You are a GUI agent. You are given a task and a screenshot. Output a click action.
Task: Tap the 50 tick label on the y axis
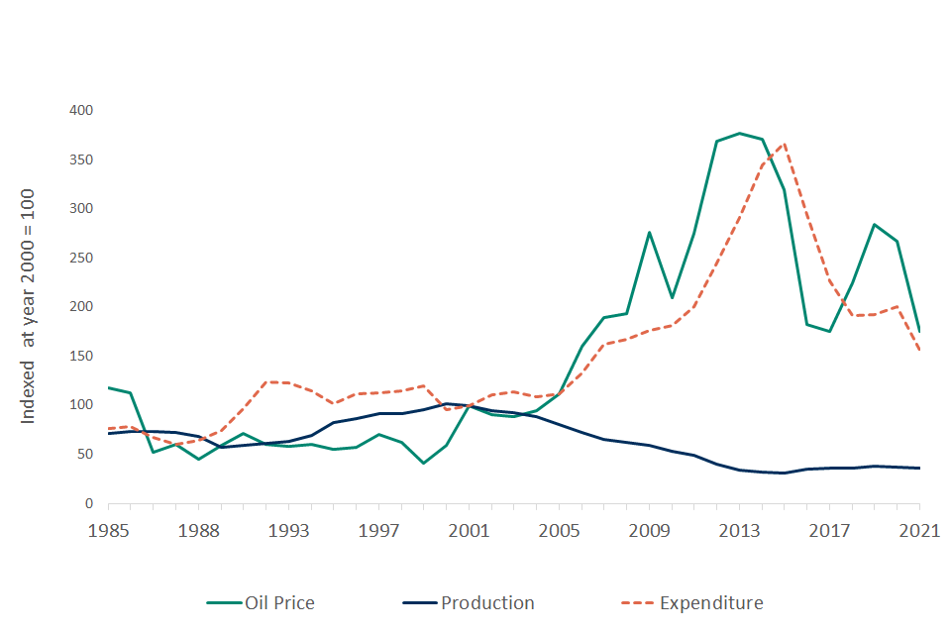point(84,455)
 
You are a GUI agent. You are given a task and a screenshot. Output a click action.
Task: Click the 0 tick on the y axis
point(88,504)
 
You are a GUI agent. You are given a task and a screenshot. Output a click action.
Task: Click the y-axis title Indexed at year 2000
point(29,306)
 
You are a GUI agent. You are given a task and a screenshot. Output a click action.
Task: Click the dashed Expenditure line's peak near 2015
point(785,144)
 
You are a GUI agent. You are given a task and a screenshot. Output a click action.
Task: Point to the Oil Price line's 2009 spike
point(649,233)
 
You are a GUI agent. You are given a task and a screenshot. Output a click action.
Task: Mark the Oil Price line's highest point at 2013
point(739,133)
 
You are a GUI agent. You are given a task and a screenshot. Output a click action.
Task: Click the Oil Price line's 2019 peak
point(874,225)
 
